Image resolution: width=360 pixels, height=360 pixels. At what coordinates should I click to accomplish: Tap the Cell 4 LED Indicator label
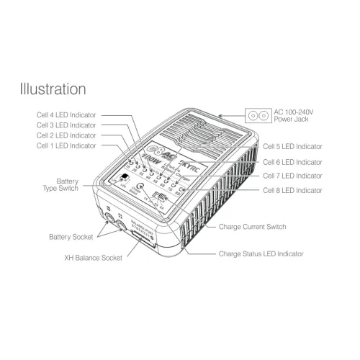point(66,114)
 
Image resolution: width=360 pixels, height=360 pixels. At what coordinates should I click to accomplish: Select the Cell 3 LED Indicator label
point(66,125)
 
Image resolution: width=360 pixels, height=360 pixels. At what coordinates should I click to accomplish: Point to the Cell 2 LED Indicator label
point(66,135)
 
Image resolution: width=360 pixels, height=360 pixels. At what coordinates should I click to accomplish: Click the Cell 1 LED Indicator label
point(66,146)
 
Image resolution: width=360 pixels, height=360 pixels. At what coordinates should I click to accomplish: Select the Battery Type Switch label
point(63,185)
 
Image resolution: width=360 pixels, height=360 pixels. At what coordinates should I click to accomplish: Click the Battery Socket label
point(71,236)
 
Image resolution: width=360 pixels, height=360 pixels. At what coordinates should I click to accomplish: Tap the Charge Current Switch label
point(252,227)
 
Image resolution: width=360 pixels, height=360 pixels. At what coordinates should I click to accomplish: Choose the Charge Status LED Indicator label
point(261,254)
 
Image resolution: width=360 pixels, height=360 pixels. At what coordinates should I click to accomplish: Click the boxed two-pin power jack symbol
point(257,115)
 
